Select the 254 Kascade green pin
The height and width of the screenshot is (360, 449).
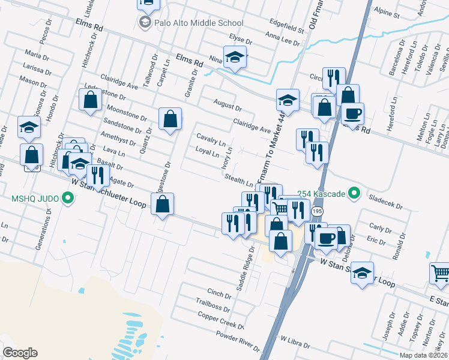(x=354, y=193)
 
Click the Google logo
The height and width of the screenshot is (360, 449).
(x=20, y=353)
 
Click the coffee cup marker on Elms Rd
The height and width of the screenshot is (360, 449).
(x=353, y=113)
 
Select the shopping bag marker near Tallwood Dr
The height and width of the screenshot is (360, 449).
(x=170, y=119)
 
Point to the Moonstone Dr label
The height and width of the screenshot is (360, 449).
(x=126, y=112)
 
